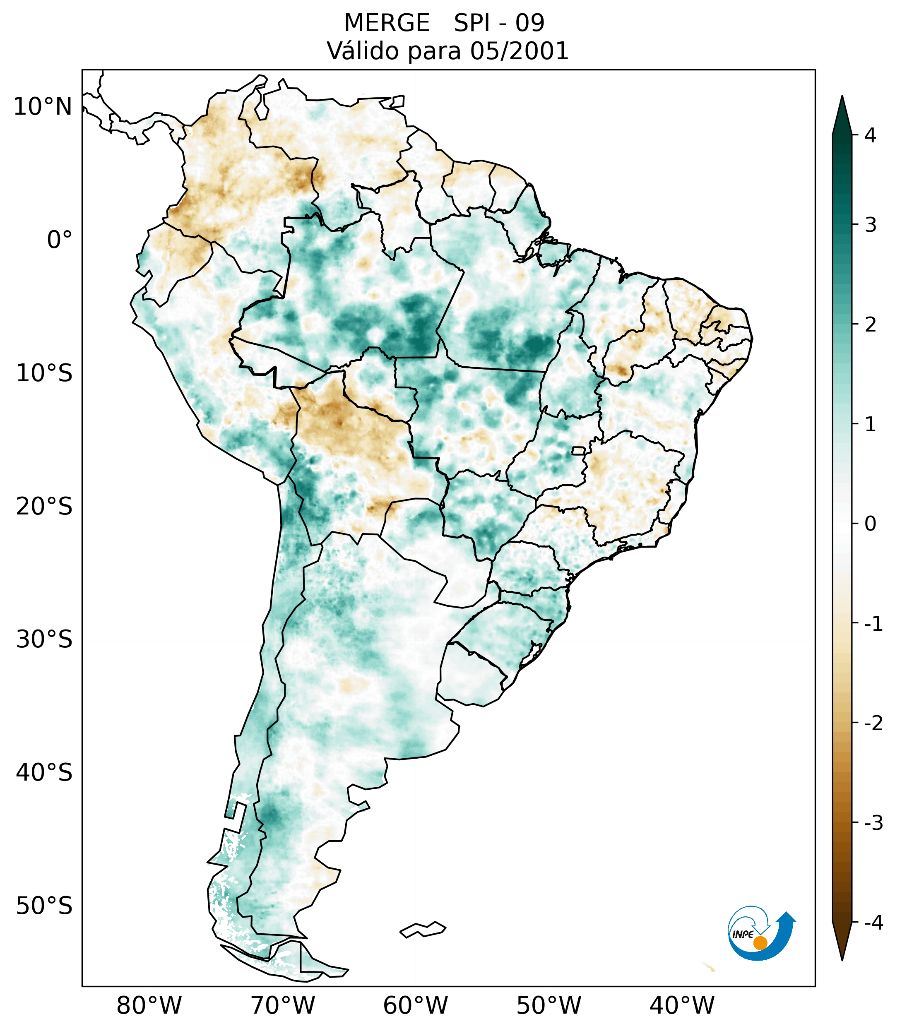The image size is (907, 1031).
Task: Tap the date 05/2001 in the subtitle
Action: [519, 51]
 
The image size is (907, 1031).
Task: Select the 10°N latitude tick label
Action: [43, 107]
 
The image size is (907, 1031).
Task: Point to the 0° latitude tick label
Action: [60, 240]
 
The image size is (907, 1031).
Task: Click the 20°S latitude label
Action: [44, 507]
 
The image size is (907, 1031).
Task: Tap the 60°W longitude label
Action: [415, 1005]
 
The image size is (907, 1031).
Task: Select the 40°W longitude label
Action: [682, 1005]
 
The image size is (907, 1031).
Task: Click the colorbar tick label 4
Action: [870, 135]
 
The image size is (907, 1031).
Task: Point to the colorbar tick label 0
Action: [870, 524]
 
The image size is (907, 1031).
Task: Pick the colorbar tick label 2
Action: [870, 325]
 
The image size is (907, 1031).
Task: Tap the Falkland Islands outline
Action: [423, 929]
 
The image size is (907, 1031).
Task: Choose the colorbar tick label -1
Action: [873, 624]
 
